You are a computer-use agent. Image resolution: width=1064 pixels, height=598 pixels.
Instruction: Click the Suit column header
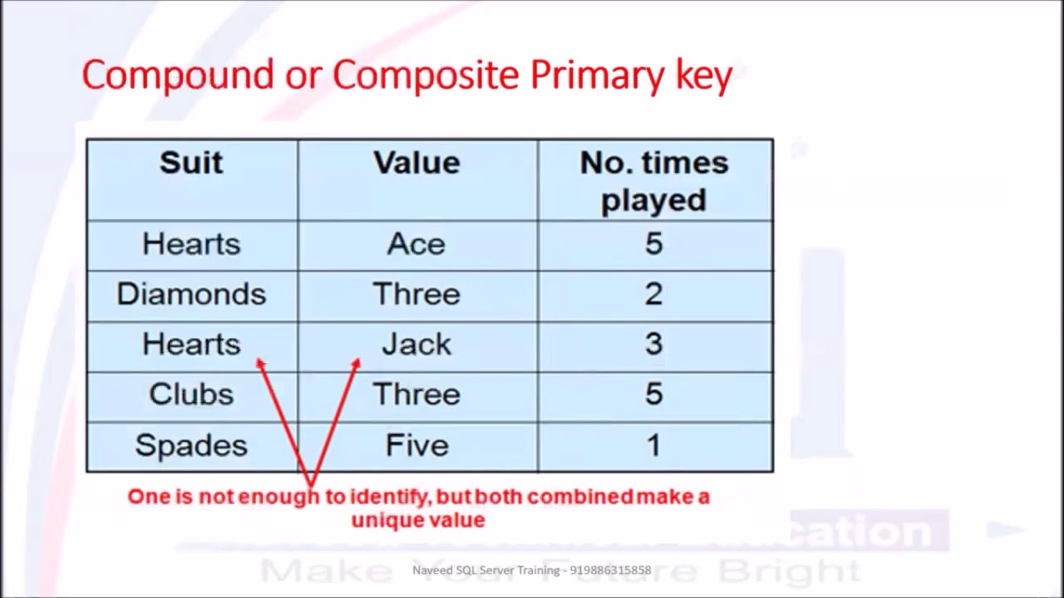pos(191,163)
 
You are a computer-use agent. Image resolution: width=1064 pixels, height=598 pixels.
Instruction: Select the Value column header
pos(416,163)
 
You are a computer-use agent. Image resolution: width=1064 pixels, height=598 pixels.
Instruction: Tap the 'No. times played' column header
pos(654,181)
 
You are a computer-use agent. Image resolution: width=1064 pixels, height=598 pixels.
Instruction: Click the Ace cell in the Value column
pos(416,244)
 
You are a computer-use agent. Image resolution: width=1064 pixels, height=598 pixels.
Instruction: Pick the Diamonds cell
pos(191,294)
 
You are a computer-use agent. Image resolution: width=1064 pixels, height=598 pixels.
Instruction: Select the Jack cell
pos(416,344)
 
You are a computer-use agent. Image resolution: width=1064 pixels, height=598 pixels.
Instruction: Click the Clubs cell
pos(191,394)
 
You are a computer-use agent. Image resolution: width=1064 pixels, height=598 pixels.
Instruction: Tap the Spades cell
pos(191,445)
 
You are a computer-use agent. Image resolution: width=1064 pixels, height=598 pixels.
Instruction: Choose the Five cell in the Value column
pos(416,445)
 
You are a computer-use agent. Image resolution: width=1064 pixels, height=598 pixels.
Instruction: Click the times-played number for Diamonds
pos(654,294)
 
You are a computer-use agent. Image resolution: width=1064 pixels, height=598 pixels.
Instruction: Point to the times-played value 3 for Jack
pos(654,344)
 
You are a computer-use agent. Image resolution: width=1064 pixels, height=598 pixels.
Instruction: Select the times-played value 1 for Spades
pos(654,445)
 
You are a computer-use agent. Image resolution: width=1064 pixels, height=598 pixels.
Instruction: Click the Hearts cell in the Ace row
pos(191,244)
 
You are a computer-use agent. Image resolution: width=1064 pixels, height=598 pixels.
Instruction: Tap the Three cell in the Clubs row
pos(416,394)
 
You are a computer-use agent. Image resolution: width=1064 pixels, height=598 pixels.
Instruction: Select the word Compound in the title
pos(177,76)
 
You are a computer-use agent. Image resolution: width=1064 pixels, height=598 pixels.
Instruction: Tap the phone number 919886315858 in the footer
pos(611,571)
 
